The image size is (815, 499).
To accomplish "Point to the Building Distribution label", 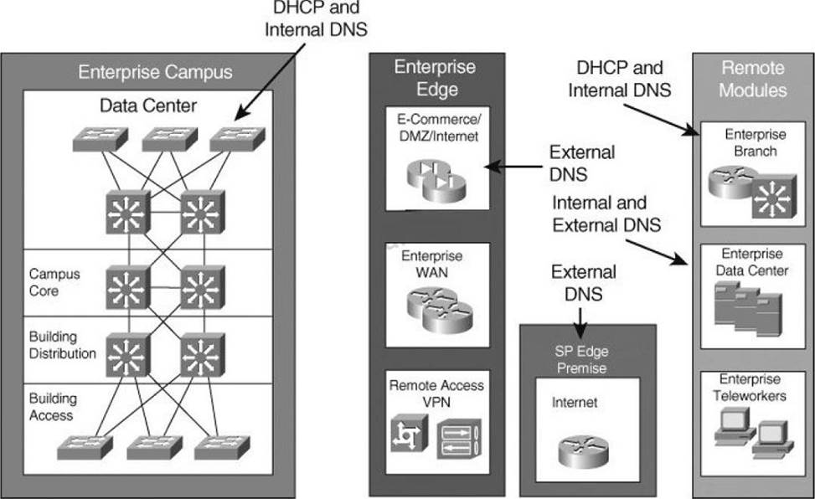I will pos(62,345).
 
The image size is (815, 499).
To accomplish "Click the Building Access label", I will pos(51,407).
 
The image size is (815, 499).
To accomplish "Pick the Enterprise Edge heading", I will pos(435,78).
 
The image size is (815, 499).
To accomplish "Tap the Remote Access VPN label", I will pos(436,394).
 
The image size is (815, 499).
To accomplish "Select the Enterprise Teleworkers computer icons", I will pos(750,435).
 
